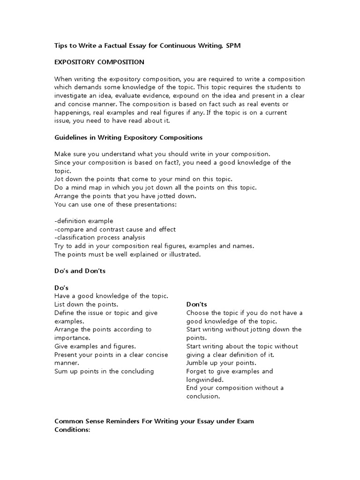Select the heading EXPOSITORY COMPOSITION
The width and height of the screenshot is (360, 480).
[99, 62]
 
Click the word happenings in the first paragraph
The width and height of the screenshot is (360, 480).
[74, 112]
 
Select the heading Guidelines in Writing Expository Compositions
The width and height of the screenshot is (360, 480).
[128, 137]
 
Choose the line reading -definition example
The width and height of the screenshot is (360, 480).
[84, 221]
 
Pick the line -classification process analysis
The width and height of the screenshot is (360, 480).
[100, 238]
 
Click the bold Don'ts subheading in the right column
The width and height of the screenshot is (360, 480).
[197, 304]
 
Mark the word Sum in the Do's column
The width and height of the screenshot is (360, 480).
[61, 371]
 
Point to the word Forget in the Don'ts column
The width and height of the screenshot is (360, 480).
[197, 371]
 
